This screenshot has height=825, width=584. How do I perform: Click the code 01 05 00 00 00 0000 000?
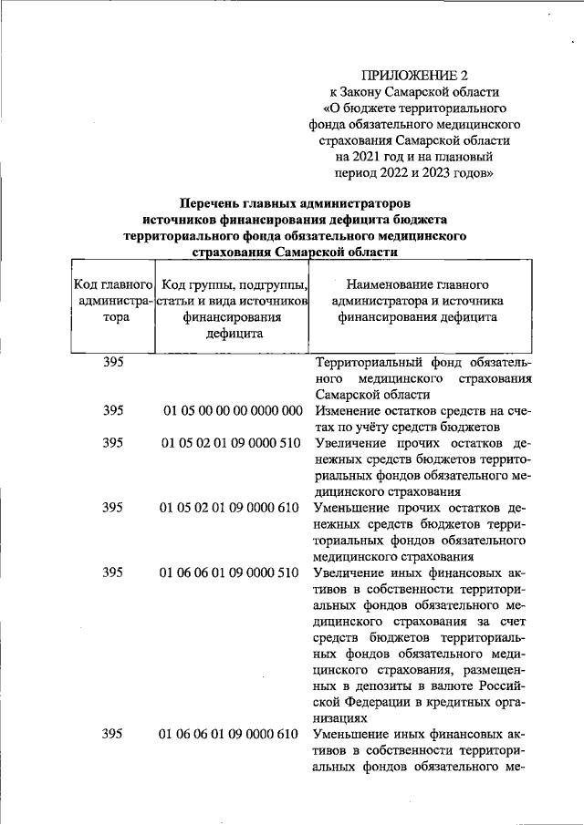point(233,411)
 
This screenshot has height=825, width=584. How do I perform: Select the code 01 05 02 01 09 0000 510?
point(231,443)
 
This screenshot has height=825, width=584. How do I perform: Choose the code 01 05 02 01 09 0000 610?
point(231,507)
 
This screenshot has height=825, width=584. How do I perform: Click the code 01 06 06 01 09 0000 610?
point(231,733)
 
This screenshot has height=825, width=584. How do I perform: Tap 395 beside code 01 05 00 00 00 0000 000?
point(113,411)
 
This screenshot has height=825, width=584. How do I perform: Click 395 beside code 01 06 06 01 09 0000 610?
point(113,733)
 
